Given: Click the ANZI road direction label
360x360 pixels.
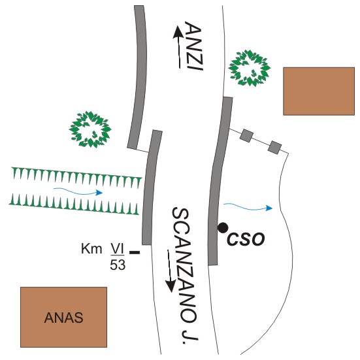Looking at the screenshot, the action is coord(193,46).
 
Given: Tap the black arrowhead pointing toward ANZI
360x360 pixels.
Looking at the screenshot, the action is coord(178,31).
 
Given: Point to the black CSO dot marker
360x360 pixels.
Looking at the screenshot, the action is coord(223,228).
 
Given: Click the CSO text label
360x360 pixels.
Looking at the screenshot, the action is coord(246,239).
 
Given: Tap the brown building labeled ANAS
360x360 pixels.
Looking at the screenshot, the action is coord(63,317).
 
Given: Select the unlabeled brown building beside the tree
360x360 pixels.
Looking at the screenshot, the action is coord(319,91).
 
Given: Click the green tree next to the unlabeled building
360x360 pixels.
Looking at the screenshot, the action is coord(250,68).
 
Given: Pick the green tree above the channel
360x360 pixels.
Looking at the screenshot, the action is coord(90,129).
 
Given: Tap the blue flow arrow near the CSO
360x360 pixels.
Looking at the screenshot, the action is coord(248,207).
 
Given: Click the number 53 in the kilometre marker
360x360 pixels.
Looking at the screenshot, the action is coord(118,265).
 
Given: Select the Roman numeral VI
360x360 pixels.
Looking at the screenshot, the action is coord(118,249).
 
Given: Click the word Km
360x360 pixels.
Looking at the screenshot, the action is coord(91,249).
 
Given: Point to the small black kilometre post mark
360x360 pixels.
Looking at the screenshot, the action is coord(135,252).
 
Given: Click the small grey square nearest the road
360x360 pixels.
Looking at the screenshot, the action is coord(246,136).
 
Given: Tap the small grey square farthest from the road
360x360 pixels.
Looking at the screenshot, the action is coord(275,148).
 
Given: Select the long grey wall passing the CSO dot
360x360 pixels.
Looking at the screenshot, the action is coord(220,182).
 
